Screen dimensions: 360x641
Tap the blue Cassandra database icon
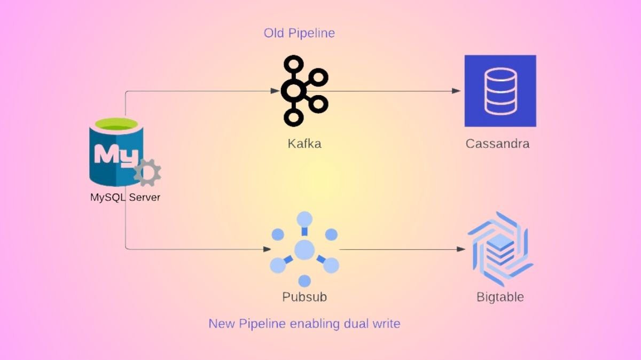pyautogui.click(x=500, y=91)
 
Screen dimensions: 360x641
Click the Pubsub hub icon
pyautogui.click(x=304, y=249)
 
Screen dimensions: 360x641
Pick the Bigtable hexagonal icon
pyautogui.click(x=500, y=248)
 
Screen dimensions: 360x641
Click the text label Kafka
pyautogui.click(x=304, y=144)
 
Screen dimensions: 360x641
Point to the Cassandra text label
pyautogui.click(x=497, y=144)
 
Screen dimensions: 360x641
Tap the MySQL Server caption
pyautogui.click(x=125, y=198)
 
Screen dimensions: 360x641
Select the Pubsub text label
pyautogui.click(x=304, y=297)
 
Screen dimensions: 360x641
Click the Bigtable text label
pyautogui.click(x=500, y=297)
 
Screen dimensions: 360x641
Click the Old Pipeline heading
pyautogui.click(x=299, y=33)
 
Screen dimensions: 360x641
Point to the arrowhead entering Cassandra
pyautogui.click(x=456, y=91)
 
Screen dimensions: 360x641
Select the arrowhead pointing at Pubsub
pyautogui.click(x=267, y=249)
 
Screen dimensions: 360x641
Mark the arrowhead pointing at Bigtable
pyautogui.click(x=460, y=249)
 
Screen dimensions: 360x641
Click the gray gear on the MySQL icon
pyautogui.click(x=147, y=173)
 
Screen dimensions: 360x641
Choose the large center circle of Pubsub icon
pyautogui.click(x=304, y=249)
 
